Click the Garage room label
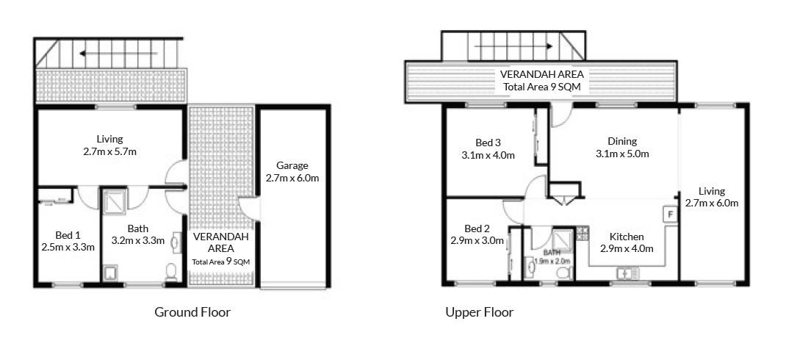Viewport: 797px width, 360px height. point(292,166)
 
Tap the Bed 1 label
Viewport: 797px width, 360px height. point(68,235)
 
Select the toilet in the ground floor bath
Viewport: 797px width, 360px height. point(171,272)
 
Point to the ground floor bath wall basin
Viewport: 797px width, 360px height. point(176,242)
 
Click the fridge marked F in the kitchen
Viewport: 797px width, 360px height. point(670,215)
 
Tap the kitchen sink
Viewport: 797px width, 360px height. point(628,273)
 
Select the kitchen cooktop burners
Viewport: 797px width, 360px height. point(582,234)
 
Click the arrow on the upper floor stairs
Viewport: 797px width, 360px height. point(513,46)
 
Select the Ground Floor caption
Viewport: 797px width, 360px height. point(192,312)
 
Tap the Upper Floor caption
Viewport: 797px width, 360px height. point(480,312)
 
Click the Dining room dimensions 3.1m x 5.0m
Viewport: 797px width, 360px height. point(622,154)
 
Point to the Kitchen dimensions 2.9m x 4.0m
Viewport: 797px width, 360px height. point(627,248)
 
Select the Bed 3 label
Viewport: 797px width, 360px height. point(488,143)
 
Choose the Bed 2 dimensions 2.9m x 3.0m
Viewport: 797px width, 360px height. point(477,240)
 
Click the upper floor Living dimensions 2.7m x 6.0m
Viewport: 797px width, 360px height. point(712,204)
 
